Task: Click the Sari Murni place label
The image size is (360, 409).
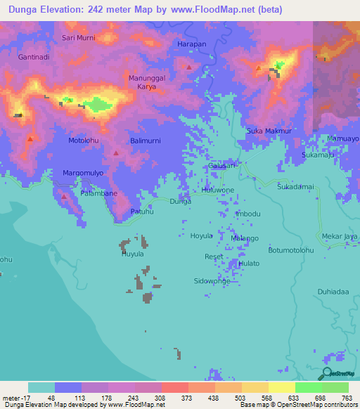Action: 79,37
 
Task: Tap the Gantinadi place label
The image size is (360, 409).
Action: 34,57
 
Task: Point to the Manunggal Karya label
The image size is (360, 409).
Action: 147,82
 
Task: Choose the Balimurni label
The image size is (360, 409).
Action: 146,141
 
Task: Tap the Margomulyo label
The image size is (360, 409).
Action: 84,173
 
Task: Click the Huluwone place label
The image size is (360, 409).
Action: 218,190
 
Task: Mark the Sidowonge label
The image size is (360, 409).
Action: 212,280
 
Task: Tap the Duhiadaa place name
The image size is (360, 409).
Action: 333,290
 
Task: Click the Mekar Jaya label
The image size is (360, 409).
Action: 340,237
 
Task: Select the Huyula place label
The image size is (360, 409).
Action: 133,254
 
